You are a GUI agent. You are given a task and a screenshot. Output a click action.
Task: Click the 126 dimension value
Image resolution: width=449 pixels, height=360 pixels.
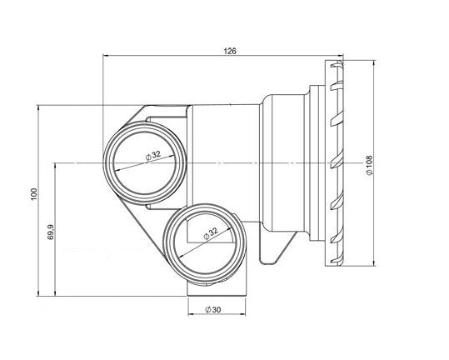pyautogui.click(x=230, y=51)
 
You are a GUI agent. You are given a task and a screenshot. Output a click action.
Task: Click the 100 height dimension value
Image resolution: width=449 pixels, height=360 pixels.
pyautogui.click(x=34, y=194)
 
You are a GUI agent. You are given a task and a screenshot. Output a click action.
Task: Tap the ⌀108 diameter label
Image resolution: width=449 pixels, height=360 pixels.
pyautogui.click(x=369, y=165)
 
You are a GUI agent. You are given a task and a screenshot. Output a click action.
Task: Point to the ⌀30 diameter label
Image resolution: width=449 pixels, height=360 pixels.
pyautogui.click(x=213, y=309)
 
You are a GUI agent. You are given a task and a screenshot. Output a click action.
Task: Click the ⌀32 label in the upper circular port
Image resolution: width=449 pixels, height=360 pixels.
pyautogui.click(x=153, y=156)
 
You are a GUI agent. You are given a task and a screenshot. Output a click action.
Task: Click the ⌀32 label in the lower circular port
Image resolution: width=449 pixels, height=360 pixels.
pyautogui.click(x=211, y=233)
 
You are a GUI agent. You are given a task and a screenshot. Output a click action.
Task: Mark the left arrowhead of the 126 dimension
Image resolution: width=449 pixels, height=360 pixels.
pyautogui.click(x=105, y=56)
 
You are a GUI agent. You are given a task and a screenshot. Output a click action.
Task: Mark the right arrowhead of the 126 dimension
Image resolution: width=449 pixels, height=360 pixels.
pyautogui.click(x=340, y=56)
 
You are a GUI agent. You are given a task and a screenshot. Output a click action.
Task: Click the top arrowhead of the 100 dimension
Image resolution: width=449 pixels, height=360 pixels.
pyautogui.click(x=37, y=108)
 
